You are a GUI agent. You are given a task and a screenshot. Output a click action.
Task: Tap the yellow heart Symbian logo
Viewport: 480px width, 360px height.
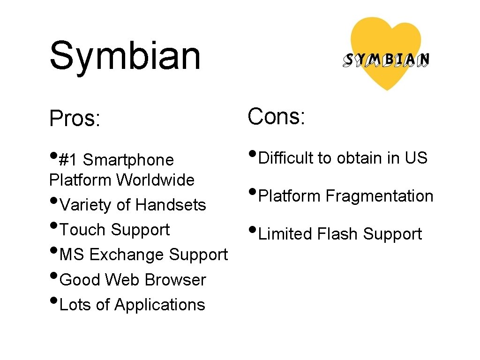[386, 53]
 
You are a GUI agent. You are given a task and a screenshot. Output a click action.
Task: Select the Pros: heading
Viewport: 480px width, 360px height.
[75, 119]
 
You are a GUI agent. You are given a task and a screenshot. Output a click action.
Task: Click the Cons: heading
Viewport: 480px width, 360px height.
[277, 116]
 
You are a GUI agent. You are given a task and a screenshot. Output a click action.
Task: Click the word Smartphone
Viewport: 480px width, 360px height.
[128, 160]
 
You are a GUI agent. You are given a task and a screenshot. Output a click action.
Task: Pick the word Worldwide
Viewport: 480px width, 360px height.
[156, 180]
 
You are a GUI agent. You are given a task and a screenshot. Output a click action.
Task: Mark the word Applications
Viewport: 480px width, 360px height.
[160, 305]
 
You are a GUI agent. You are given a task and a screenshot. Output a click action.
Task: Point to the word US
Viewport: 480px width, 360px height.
[416, 158]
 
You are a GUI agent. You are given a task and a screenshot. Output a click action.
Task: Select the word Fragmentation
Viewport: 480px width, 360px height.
[380, 196]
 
